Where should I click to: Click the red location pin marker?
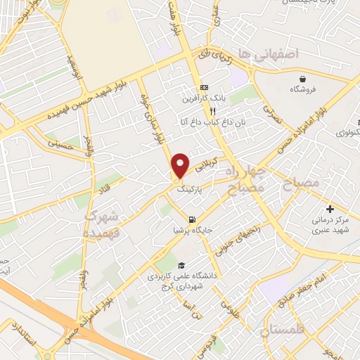tap(180, 165)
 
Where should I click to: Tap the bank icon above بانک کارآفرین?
tap(203, 87)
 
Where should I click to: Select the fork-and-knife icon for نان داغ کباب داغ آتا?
tap(211, 111)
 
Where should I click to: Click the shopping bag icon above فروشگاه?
tap(302, 78)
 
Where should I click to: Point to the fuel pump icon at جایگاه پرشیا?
tap(193, 219)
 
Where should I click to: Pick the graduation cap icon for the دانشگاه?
tap(182, 265)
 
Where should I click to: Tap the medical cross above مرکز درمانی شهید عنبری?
tap(330, 209)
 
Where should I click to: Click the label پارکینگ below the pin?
tap(191, 189)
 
